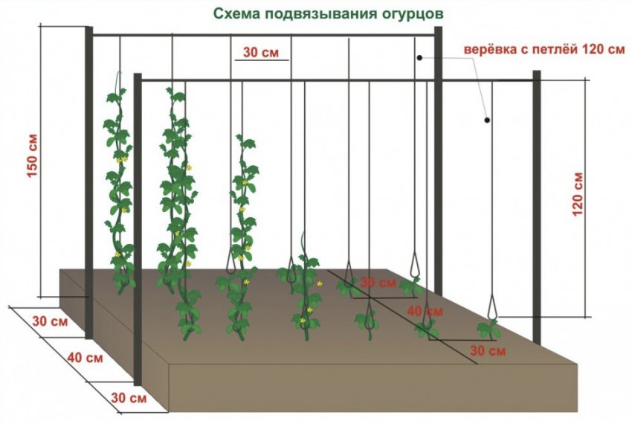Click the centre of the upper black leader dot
coord(419,58)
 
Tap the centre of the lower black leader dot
coord(487,120)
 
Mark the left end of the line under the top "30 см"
coord(235,60)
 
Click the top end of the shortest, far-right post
coord(537,71)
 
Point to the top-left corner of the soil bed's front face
coord(168,365)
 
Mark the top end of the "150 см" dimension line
coord(40,26)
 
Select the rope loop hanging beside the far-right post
coord(492,307)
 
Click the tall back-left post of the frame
coord(88,182)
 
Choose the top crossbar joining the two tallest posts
coord(264,36)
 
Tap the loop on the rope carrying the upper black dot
coord(415,264)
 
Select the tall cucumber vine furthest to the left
coord(119,190)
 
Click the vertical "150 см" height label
coord(32,155)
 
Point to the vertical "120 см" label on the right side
coord(578,194)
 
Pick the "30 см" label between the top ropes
coord(261,52)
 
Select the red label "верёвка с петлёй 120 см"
coord(544,50)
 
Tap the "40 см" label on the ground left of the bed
coord(85,358)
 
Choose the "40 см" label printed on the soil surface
coord(425,312)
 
